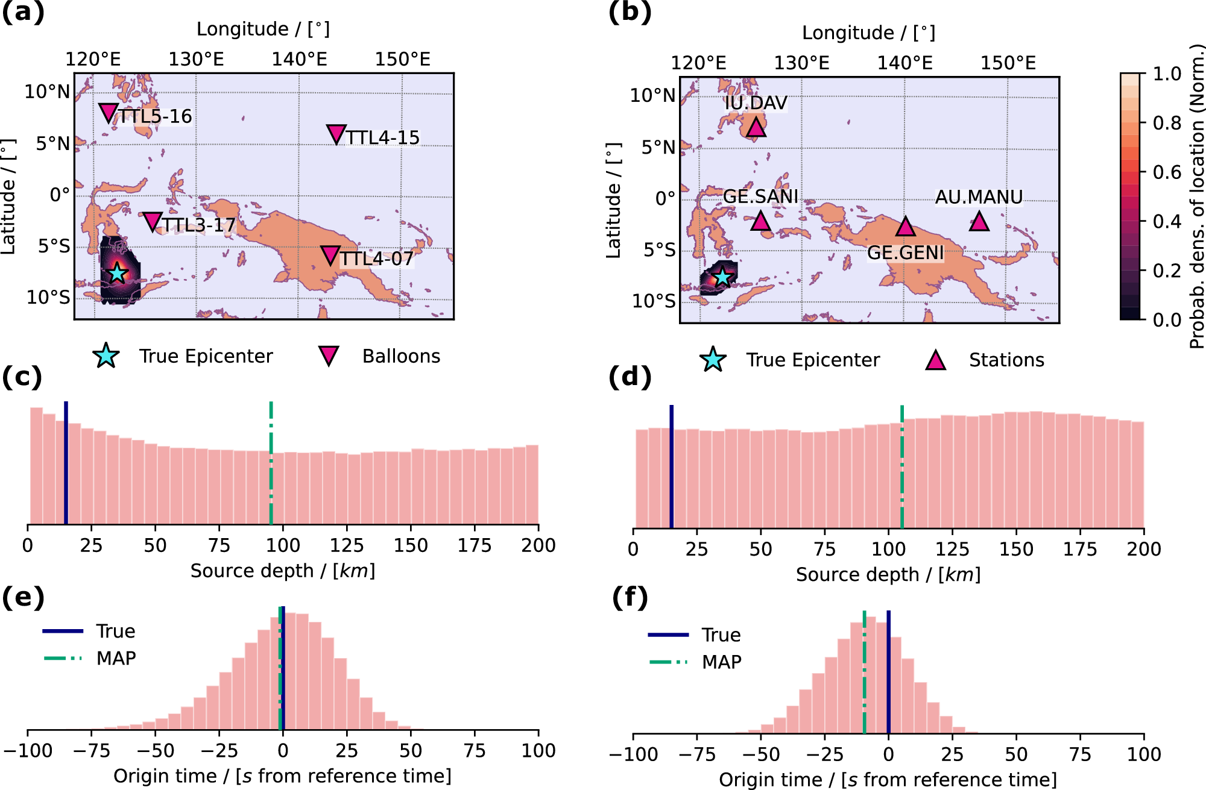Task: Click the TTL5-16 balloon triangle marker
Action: click(108, 112)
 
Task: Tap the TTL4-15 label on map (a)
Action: click(382, 137)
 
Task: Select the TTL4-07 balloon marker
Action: click(330, 255)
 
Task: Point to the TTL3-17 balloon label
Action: click(198, 225)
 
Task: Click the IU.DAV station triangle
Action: click(756, 127)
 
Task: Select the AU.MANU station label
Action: click(978, 197)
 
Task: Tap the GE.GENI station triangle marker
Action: click(904, 227)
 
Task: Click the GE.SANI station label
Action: click(760, 196)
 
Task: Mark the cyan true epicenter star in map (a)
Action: click(118, 273)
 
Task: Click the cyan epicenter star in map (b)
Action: click(722, 277)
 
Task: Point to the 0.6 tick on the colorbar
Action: click(1167, 172)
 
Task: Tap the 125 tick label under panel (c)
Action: click(346, 546)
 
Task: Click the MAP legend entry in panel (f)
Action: click(721, 662)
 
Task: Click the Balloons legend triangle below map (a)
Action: click(329, 356)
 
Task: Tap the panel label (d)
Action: click(629, 378)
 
